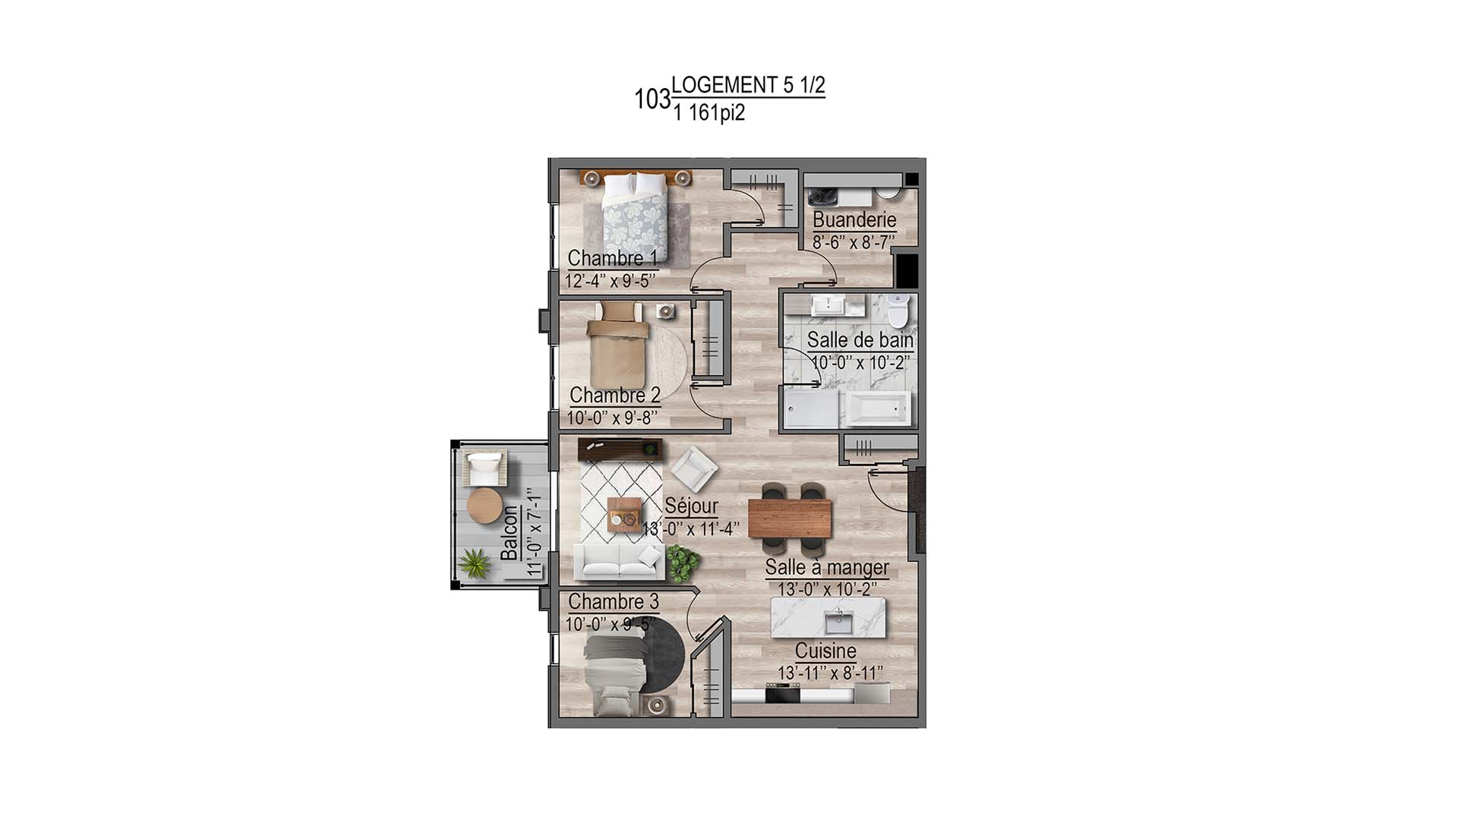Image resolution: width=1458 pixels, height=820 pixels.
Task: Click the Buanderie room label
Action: coord(854,219)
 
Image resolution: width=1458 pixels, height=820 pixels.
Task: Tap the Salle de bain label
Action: coord(860,339)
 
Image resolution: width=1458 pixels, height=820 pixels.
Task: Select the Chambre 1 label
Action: coord(612,258)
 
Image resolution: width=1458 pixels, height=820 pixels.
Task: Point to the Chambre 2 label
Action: coord(614,395)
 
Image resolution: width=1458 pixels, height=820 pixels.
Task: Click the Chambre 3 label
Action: coord(613,601)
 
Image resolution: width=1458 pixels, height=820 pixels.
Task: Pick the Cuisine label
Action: coord(825,651)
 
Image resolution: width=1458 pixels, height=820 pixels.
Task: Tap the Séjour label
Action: coord(691,506)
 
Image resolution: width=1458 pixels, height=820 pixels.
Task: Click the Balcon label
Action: coord(510,533)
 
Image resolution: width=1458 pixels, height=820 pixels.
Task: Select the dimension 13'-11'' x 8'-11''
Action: coord(830,673)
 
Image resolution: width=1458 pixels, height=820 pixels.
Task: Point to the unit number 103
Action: coord(652,99)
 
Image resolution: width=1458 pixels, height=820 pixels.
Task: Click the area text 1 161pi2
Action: coord(708,114)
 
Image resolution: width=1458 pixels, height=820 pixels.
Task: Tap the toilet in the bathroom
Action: coord(898,309)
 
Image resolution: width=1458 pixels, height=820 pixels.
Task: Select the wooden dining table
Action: coord(790,517)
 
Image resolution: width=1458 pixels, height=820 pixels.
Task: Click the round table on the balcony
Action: coord(484,505)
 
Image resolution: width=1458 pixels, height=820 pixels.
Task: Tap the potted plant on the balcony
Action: coord(475,563)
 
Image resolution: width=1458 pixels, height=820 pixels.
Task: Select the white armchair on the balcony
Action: coord(485,468)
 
